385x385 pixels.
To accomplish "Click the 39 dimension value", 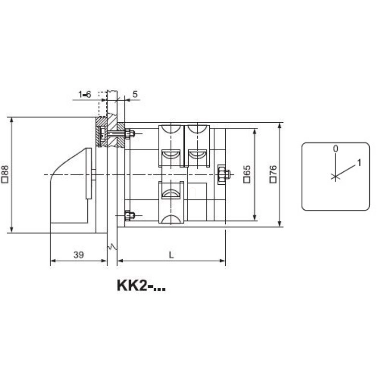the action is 78,255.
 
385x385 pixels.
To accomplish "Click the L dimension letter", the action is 171,255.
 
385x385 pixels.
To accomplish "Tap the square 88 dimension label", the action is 5,174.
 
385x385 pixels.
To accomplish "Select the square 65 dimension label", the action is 247,174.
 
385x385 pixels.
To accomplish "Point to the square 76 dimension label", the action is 273,174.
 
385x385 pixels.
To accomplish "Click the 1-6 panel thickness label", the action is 85,94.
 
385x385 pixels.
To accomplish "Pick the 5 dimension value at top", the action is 135,94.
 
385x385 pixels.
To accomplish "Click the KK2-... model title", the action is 141,285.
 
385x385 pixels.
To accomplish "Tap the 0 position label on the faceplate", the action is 335,149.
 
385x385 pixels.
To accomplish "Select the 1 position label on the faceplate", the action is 359,163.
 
